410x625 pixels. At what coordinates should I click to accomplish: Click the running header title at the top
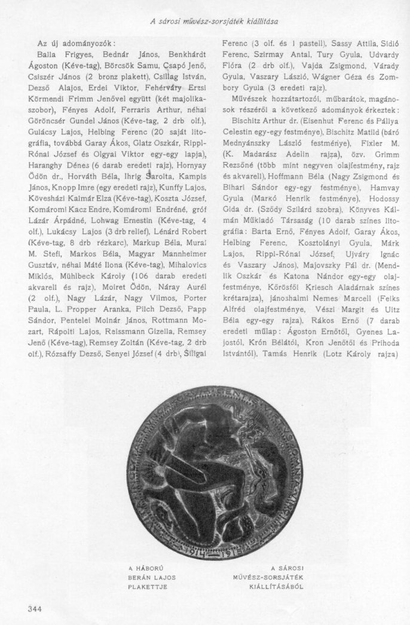tap(215, 22)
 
